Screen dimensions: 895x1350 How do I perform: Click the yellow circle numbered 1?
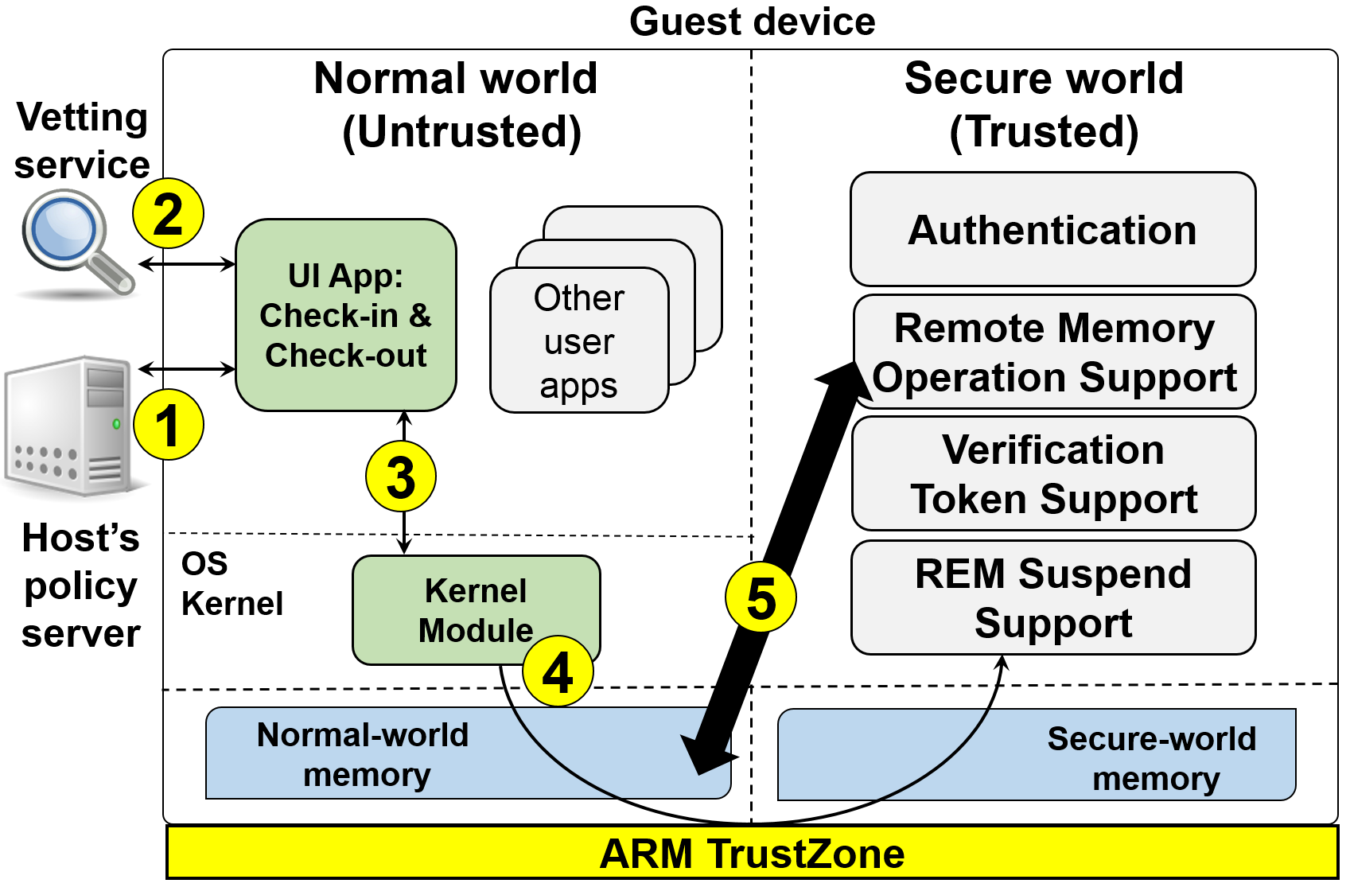coord(168,425)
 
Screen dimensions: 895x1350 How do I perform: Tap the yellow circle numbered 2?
coord(168,213)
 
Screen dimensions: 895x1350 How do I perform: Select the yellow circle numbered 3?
coord(401,477)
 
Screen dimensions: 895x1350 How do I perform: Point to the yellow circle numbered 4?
coord(558,671)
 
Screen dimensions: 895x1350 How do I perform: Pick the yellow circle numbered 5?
coord(761,597)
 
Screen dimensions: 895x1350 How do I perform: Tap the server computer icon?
coord(69,426)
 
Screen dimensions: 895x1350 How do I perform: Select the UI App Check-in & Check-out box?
coord(346,315)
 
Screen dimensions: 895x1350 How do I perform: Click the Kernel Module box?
coord(476,609)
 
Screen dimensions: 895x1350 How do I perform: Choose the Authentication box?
coord(1052,229)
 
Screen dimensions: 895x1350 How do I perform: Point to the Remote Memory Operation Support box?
coord(1054,352)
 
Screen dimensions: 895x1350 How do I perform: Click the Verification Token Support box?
coord(1053,474)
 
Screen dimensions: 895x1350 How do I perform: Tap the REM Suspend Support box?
coord(1053,597)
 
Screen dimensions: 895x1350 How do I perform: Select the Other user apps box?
coord(579,340)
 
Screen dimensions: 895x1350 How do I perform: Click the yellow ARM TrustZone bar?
coord(752,853)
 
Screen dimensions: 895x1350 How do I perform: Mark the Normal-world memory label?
coord(364,754)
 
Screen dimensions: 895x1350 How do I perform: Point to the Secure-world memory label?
coord(1153,758)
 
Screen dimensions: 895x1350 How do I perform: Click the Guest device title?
coord(752,21)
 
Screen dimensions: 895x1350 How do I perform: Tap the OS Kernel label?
coord(231,584)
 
